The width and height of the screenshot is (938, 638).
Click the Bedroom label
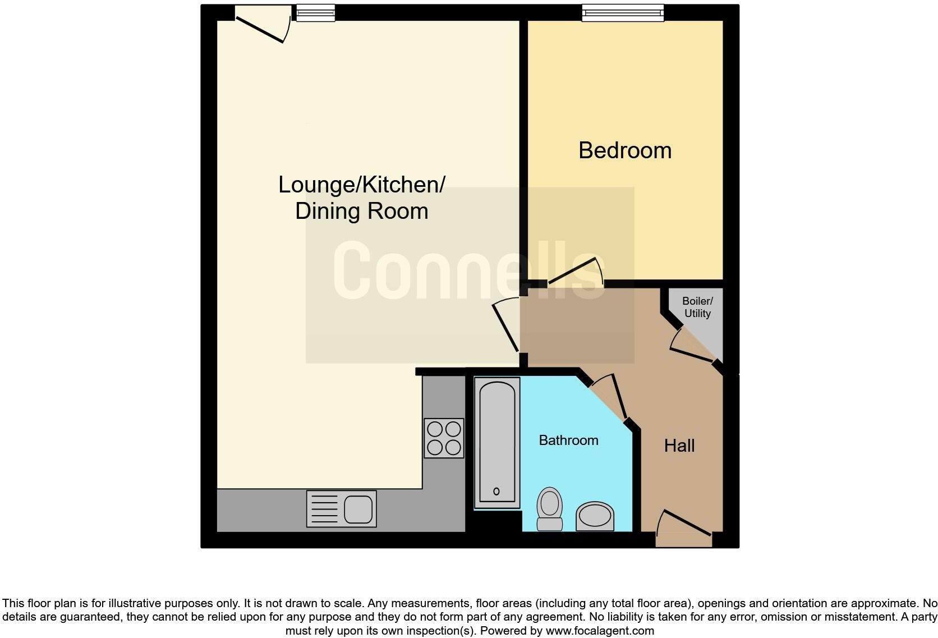(x=624, y=150)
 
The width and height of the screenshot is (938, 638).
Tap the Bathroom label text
(x=568, y=440)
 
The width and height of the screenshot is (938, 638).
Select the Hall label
(x=679, y=446)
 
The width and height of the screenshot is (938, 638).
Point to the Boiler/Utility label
(x=697, y=307)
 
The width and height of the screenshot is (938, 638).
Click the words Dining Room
(x=361, y=212)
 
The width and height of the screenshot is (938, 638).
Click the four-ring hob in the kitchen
(x=444, y=438)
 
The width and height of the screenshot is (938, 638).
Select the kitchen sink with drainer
(x=341, y=509)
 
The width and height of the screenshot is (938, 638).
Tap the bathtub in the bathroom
(x=496, y=443)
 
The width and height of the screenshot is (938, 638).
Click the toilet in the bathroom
(x=550, y=508)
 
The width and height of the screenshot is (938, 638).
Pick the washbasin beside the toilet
(x=595, y=516)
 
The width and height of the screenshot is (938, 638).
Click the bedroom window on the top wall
(x=623, y=12)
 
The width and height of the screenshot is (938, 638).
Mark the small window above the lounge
(x=315, y=12)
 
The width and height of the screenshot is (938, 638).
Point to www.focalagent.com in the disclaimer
(x=599, y=631)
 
